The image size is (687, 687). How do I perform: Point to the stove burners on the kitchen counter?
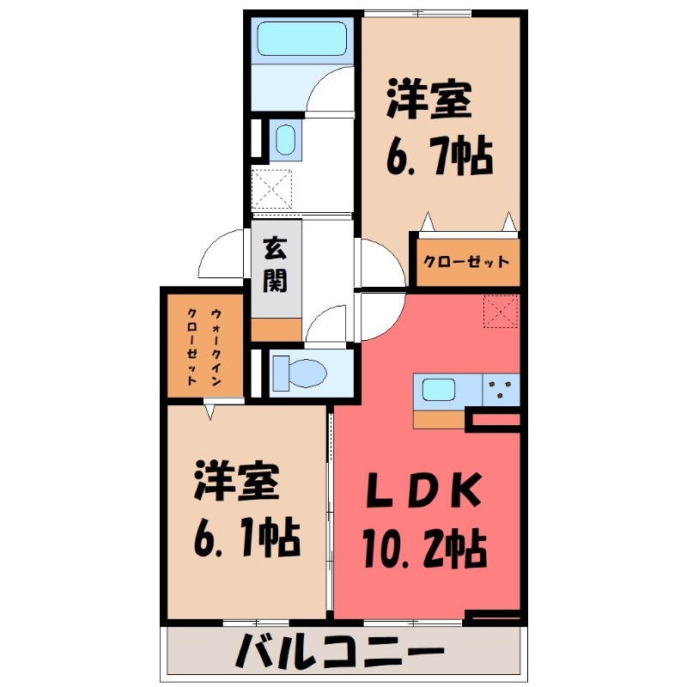(x=502, y=391)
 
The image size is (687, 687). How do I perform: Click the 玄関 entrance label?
(x=275, y=264)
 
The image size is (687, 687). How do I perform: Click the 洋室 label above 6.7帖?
(x=429, y=100)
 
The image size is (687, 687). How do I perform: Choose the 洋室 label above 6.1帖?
(x=237, y=481)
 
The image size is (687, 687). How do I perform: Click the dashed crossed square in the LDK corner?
(x=502, y=311)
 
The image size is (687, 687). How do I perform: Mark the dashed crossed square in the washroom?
(x=272, y=189)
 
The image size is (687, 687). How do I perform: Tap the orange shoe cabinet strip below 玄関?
(x=277, y=329)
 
